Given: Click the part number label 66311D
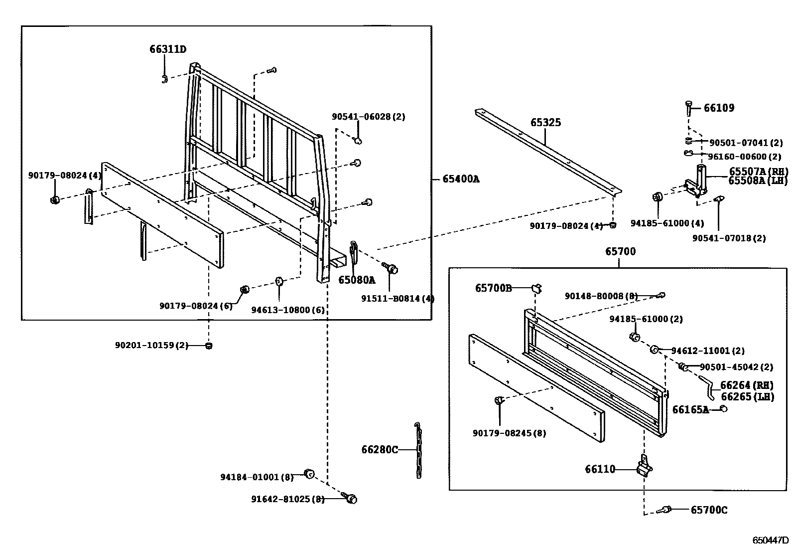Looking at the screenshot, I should click(x=167, y=49).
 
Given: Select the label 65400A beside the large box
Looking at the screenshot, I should click(x=461, y=179).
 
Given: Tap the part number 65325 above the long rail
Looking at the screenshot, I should click(x=545, y=122).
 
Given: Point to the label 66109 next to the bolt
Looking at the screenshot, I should click(x=719, y=108).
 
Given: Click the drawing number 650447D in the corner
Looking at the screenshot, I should click(x=771, y=540).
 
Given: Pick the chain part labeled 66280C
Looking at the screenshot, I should click(x=418, y=450).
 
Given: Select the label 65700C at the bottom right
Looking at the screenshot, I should click(x=709, y=510).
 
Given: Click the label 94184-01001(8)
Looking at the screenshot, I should click(x=257, y=477).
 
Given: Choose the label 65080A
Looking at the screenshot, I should click(x=357, y=280).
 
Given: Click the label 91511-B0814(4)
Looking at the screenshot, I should click(x=398, y=299).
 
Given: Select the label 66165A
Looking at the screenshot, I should click(x=690, y=409).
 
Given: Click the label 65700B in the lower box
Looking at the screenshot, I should click(x=493, y=288).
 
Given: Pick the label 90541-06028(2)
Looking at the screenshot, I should click(x=369, y=117).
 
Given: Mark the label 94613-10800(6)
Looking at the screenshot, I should click(x=287, y=310).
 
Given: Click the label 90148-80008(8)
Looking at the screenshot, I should click(x=601, y=296).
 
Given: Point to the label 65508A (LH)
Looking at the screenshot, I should click(x=758, y=181).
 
